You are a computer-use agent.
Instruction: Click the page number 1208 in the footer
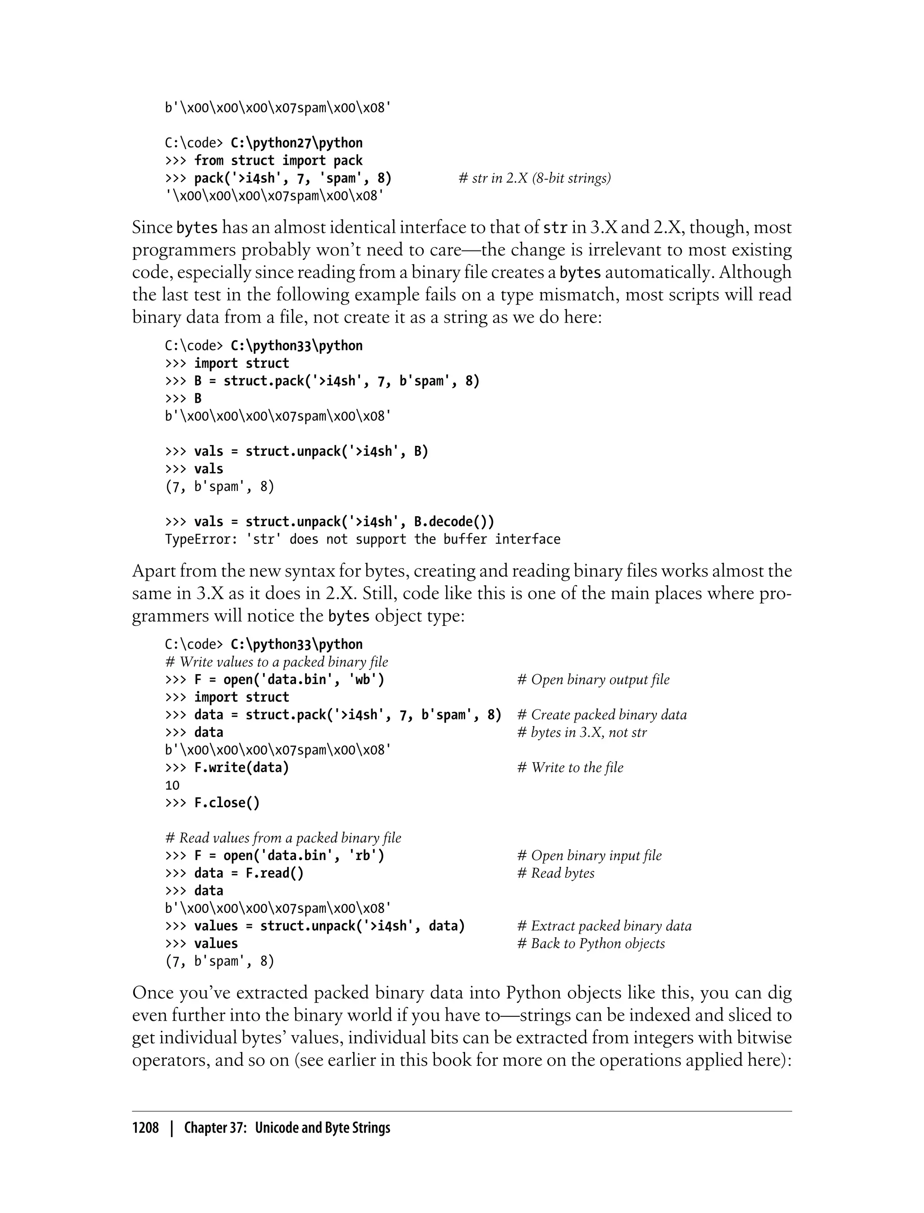(x=145, y=1128)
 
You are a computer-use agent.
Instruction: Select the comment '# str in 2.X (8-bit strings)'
(x=535, y=178)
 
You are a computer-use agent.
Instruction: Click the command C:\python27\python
(x=296, y=143)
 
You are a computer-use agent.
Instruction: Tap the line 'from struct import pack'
(x=278, y=161)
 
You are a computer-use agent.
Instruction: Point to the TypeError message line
(x=362, y=539)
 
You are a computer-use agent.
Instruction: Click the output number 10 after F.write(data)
(x=172, y=785)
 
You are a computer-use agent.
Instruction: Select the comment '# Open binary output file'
(x=593, y=680)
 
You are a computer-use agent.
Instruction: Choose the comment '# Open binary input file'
(x=590, y=856)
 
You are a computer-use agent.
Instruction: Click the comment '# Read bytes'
(x=556, y=873)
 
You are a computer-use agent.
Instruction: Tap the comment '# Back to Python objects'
(x=591, y=944)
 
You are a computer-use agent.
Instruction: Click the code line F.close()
(x=226, y=803)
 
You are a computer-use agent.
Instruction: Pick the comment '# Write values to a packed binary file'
(x=277, y=662)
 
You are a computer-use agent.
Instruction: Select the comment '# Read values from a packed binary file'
(x=283, y=838)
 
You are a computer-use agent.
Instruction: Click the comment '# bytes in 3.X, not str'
(x=582, y=732)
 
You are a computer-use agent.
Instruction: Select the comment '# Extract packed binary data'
(x=605, y=926)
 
